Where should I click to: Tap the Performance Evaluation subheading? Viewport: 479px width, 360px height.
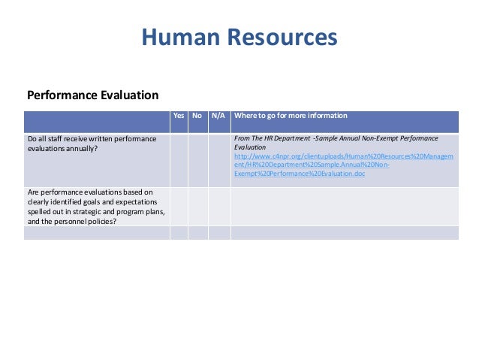(x=92, y=95)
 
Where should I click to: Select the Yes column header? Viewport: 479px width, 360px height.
(x=179, y=116)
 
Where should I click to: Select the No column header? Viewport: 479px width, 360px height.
(x=197, y=116)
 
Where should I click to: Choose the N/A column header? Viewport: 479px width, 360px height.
(x=218, y=116)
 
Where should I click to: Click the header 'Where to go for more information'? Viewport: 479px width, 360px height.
(x=291, y=116)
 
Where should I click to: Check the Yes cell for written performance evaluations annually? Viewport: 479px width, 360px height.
(x=179, y=160)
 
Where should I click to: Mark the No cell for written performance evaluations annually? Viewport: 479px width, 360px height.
(x=198, y=160)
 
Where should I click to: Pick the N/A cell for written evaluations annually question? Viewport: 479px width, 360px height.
(x=219, y=160)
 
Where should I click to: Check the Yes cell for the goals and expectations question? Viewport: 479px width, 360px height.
(x=179, y=207)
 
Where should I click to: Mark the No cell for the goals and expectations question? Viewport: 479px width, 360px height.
(x=198, y=207)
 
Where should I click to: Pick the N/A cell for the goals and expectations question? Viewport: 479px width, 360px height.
(x=219, y=207)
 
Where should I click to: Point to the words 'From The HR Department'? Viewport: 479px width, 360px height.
(x=270, y=139)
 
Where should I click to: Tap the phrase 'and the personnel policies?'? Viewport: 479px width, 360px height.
(x=71, y=221)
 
